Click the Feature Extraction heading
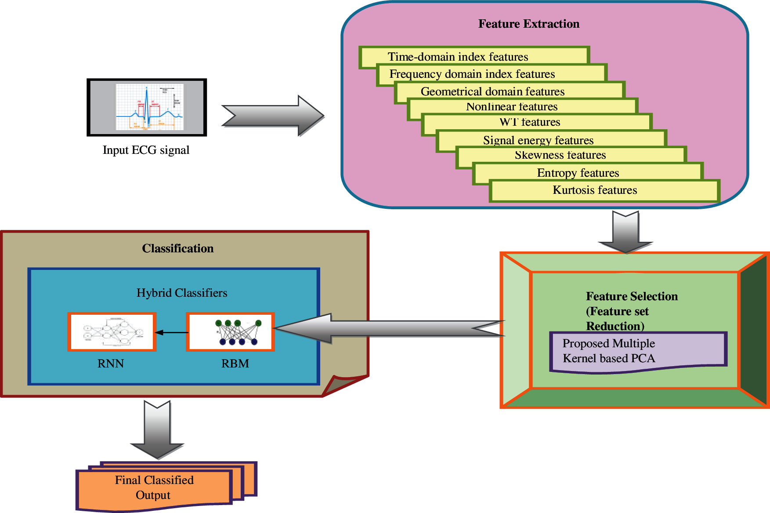tap(528, 24)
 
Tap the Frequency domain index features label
tap(472, 74)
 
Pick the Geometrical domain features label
tap(492, 91)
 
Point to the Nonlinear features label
tap(512, 107)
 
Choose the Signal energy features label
tap(538, 140)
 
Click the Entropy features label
tap(578, 173)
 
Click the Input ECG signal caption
tap(146, 150)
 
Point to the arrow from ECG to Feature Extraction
tap(272, 116)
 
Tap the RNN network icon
tap(112, 332)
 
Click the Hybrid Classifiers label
tap(182, 293)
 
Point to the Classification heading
tap(178, 248)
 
